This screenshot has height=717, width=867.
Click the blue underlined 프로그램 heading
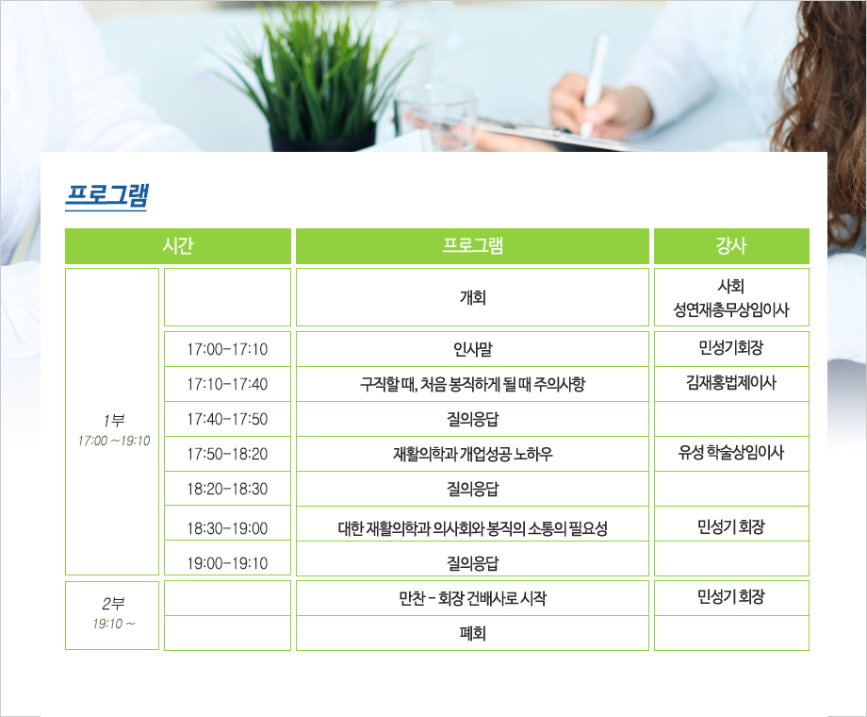(x=106, y=195)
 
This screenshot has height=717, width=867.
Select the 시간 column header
(x=178, y=246)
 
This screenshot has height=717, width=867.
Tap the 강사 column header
(x=731, y=246)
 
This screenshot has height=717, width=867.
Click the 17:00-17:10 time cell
(x=227, y=349)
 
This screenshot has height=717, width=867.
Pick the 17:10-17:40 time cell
(x=227, y=384)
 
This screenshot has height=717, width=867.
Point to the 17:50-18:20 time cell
(x=227, y=454)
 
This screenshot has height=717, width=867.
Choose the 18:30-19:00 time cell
(x=227, y=524)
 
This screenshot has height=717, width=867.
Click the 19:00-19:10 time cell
(x=227, y=559)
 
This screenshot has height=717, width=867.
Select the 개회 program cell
(x=472, y=297)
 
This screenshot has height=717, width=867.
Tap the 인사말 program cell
(x=472, y=349)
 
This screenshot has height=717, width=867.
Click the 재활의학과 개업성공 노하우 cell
(x=472, y=454)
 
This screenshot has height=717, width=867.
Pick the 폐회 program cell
(x=472, y=633)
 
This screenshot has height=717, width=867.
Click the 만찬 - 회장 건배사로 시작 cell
(x=472, y=598)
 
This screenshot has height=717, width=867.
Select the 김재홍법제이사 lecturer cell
(x=731, y=384)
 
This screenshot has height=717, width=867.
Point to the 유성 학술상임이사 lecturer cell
(x=731, y=454)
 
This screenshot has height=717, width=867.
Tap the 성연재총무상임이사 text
(x=731, y=309)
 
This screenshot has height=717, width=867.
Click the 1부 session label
(x=113, y=420)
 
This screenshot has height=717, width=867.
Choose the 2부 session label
(x=113, y=603)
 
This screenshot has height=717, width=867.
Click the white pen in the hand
(x=593, y=84)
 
